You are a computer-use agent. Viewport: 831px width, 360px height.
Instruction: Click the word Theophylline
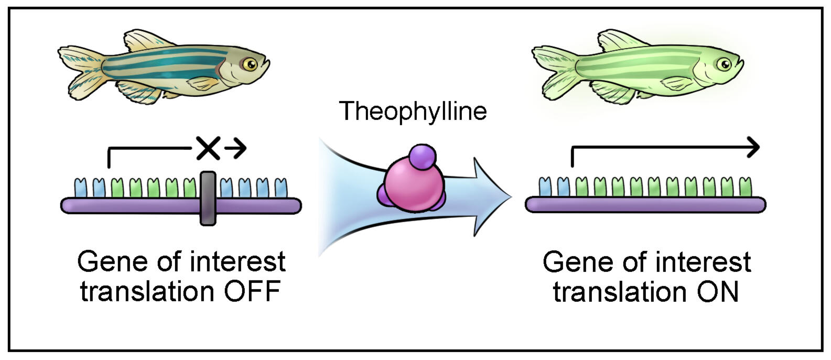point(413,112)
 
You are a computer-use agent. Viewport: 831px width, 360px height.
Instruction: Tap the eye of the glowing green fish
point(724,64)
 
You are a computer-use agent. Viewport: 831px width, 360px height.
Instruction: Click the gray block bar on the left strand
point(208,198)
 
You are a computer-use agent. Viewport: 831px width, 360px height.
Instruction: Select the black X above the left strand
point(208,149)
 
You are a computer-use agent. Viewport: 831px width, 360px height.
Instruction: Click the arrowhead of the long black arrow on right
point(753,148)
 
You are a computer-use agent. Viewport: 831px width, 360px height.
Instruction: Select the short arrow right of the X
point(235,149)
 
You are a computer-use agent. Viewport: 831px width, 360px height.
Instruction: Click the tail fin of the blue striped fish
point(79,71)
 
